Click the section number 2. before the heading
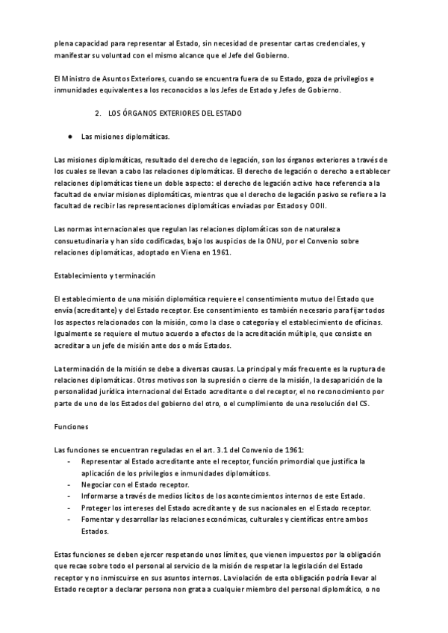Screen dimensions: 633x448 click(x=98, y=113)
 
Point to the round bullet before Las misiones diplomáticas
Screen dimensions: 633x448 click(x=69, y=137)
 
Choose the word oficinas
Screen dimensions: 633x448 click(x=365, y=322)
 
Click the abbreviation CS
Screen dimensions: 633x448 click(x=364, y=404)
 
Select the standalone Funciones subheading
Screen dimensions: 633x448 click(x=72, y=428)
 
